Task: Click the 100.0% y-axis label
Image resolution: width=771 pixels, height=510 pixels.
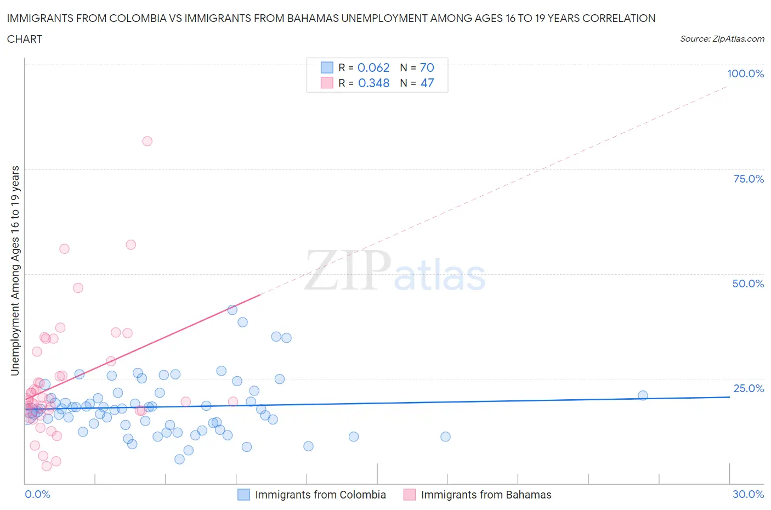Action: [745, 73]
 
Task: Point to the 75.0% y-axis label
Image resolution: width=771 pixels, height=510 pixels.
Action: [748, 179]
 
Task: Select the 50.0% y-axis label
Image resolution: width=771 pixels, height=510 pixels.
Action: [748, 284]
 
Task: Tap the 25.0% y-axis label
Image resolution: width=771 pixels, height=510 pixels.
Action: [748, 388]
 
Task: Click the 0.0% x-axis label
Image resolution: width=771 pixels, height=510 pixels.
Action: [37, 494]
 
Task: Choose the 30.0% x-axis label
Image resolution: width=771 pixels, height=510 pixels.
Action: [748, 494]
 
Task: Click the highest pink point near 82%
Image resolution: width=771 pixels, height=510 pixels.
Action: [147, 141]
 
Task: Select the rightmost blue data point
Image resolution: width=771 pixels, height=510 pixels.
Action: [643, 395]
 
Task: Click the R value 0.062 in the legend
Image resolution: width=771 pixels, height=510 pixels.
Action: [373, 67]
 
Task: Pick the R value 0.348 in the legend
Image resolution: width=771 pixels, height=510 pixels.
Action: [373, 83]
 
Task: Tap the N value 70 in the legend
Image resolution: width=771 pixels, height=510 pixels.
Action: [427, 67]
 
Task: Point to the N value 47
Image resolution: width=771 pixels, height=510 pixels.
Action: [427, 83]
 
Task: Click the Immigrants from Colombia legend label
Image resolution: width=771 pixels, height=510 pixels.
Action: [320, 495]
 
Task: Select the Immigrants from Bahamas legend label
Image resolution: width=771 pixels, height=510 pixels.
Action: [486, 495]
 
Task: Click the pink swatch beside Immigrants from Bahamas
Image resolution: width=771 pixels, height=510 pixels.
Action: [409, 495]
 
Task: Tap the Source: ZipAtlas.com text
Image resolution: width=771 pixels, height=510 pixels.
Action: [722, 38]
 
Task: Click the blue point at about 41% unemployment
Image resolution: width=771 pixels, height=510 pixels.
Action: [232, 310]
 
